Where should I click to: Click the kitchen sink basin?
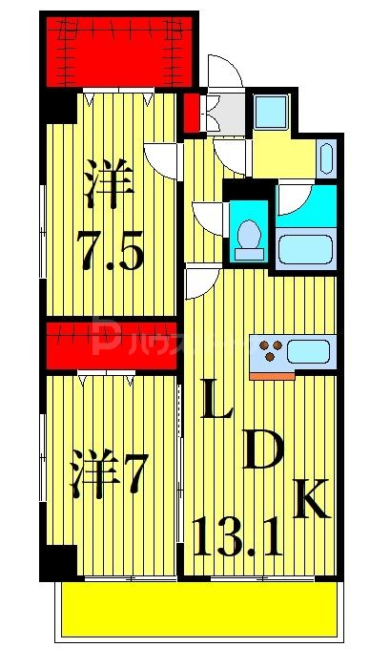point(307,350)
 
